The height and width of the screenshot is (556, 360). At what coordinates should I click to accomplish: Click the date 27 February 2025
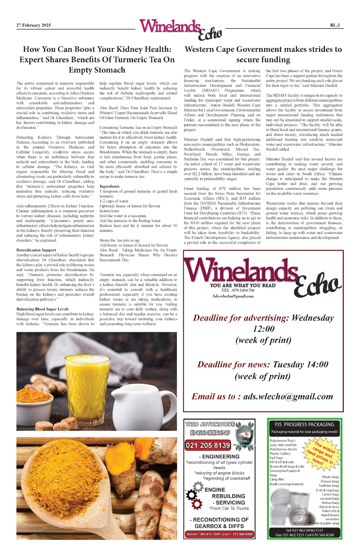coord(33,25)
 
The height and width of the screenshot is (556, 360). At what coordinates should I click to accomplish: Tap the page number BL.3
coord(334,25)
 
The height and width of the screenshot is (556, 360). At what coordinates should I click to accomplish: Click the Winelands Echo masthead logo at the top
coord(180,29)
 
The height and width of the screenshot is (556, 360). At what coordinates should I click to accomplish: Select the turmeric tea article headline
coord(97,60)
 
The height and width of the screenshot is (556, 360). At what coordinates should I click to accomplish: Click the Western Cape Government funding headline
coord(263,54)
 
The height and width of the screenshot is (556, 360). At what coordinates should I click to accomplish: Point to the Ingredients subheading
coord(109,186)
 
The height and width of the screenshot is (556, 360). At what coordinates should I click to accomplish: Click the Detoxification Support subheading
coord(36,250)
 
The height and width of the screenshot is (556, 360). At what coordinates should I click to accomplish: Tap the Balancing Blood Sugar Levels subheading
coord(42,309)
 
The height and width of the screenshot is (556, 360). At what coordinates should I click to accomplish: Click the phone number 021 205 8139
coord(208,445)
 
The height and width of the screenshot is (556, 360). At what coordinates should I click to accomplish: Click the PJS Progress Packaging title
coord(304,424)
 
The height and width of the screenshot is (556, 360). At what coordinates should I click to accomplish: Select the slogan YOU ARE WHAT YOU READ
coord(243,285)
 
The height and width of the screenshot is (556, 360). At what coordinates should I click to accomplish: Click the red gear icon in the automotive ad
coord(196,505)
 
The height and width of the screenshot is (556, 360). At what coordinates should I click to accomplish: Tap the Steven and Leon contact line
coord(219,534)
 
